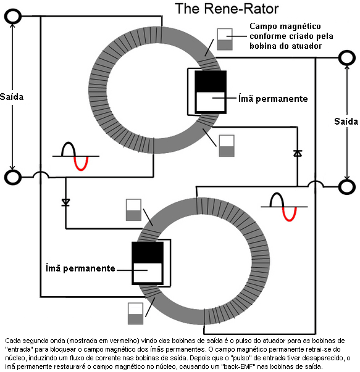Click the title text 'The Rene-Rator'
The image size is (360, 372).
pos(227,9)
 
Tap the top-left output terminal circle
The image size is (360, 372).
pos(13,16)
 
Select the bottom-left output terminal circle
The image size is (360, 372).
pos(13,177)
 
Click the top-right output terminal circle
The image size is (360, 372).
pos(347,58)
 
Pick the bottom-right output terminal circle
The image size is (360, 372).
pos(347,187)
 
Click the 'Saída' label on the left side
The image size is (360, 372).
pos(12,97)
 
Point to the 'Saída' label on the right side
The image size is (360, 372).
pos(346,122)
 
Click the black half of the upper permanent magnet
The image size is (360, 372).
pos(211,81)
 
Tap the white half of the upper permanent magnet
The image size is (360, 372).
pos(211,102)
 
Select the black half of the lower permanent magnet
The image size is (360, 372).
pos(148,252)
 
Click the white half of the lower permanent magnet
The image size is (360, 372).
pos(148,273)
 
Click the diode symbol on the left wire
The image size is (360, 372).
pos(66,202)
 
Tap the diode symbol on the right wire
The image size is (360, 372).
pos(298,153)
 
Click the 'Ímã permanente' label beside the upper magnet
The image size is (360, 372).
pos(273,98)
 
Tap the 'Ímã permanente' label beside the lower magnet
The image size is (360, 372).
pos(80,268)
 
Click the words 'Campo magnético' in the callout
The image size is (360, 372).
pos(285,26)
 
